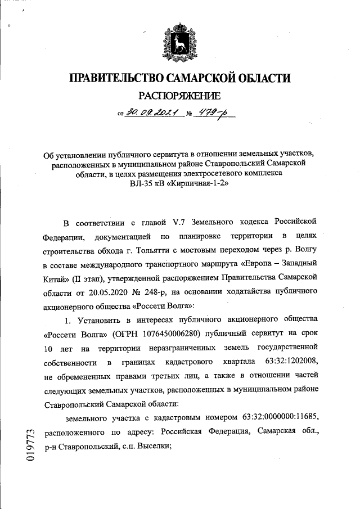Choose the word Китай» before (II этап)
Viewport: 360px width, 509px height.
click(56, 278)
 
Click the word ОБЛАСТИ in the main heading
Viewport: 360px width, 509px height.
click(262, 78)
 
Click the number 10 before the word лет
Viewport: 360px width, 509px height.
click(49, 347)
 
